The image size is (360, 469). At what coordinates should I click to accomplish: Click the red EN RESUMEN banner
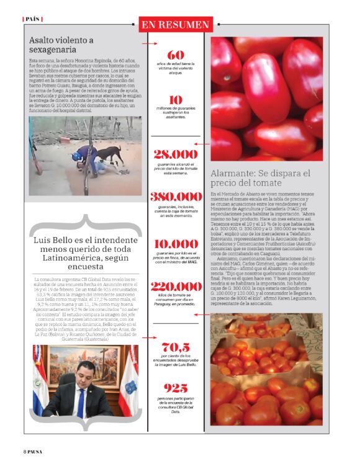[175, 25]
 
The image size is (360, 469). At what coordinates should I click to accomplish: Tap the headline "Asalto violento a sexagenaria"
[61, 46]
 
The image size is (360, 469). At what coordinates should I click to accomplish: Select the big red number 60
[175, 55]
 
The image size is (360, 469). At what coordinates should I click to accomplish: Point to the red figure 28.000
[176, 154]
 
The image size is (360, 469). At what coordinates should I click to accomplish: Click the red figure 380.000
[176, 197]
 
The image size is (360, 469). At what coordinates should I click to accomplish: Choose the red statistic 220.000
[176, 287]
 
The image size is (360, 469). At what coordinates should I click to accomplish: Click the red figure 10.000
[176, 243]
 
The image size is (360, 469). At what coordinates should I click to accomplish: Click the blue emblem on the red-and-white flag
[130, 388]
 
